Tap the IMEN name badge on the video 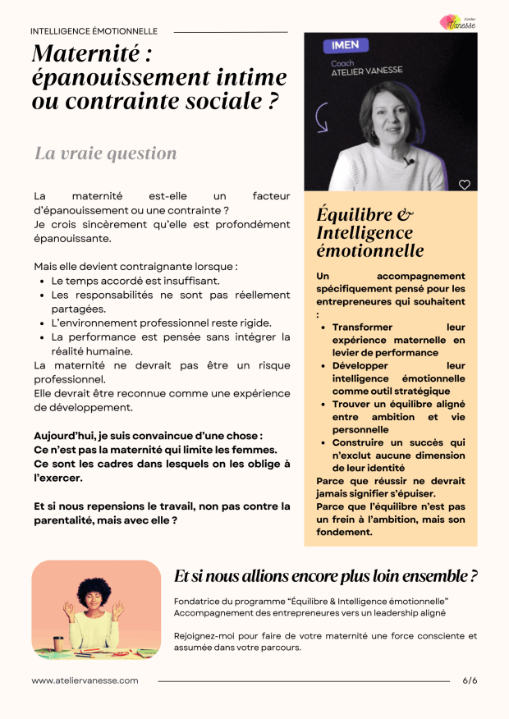coord(346,45)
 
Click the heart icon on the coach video coord(464,185)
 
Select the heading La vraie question coord(105,153)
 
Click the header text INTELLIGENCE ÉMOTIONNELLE coord(94,31)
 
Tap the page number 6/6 coord(470,680)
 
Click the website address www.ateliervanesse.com coord(85,680)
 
